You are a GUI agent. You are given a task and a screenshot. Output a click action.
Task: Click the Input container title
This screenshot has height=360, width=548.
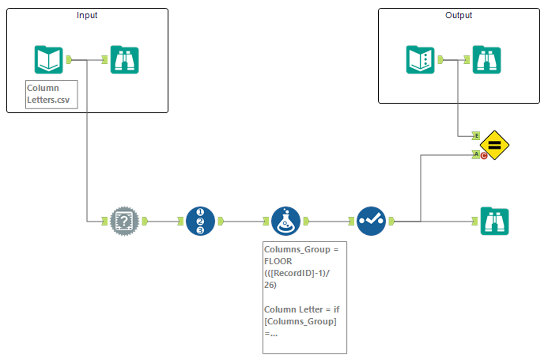pos(88,16)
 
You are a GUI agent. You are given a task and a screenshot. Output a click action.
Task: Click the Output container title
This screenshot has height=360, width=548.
pos(459,15)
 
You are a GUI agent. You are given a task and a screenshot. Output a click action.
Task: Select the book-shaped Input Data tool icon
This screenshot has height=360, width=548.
pos(48,59)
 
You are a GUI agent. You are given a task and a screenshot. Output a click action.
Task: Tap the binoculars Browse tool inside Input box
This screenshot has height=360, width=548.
pos(125,59)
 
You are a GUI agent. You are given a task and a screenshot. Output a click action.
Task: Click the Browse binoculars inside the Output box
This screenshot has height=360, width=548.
pos(486,59)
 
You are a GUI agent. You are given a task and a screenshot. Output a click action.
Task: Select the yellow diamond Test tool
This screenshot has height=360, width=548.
pos(493,145)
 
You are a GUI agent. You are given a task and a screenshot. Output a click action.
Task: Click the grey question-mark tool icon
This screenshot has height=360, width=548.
pos(123,221)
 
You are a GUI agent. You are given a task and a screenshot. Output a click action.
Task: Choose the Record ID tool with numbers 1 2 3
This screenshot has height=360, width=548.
pos(200,221)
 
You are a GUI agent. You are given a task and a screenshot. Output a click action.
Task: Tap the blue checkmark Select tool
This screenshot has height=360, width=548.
pos(370,221)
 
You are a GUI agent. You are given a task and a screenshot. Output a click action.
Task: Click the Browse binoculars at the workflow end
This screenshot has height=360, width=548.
pos(494,221)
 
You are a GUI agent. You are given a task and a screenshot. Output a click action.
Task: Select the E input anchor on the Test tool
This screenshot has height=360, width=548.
pos(476,135)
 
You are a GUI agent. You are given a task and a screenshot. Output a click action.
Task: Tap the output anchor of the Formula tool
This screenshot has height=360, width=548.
pos(305,221)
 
